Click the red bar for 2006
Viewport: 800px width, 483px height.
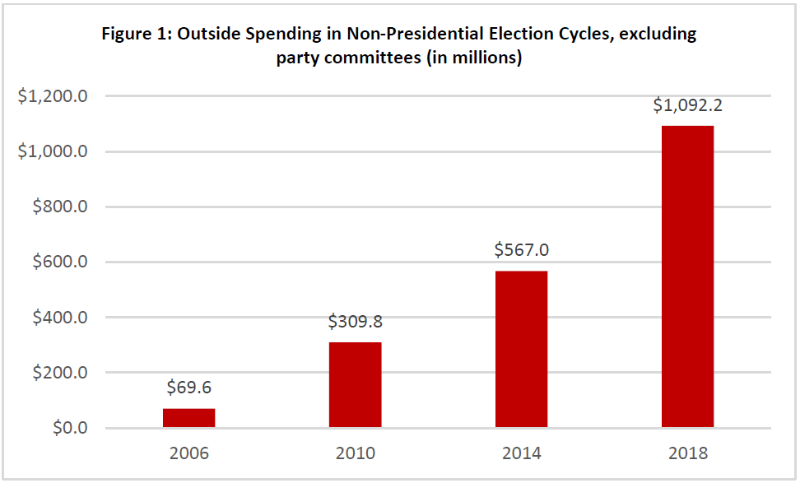188,418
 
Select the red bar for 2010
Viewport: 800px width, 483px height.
355,385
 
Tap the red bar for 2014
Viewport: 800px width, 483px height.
521,350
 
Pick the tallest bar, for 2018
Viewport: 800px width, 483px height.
687,276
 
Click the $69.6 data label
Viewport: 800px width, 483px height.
188,387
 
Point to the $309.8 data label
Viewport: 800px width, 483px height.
355,321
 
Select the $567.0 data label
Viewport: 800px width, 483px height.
521,250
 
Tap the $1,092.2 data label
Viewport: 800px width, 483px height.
687,105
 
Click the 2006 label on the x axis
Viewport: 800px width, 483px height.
188,453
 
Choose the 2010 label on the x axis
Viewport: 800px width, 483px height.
355,453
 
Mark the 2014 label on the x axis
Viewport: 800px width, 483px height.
521,453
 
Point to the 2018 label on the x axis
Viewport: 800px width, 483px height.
687,453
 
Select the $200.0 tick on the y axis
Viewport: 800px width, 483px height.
59,373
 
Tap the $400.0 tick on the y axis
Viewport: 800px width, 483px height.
59,318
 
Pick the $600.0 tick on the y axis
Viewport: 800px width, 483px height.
59,262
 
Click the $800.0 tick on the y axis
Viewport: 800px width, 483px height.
59,207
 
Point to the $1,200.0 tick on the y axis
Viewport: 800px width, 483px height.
53,96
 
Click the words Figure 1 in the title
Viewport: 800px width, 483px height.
134,35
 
